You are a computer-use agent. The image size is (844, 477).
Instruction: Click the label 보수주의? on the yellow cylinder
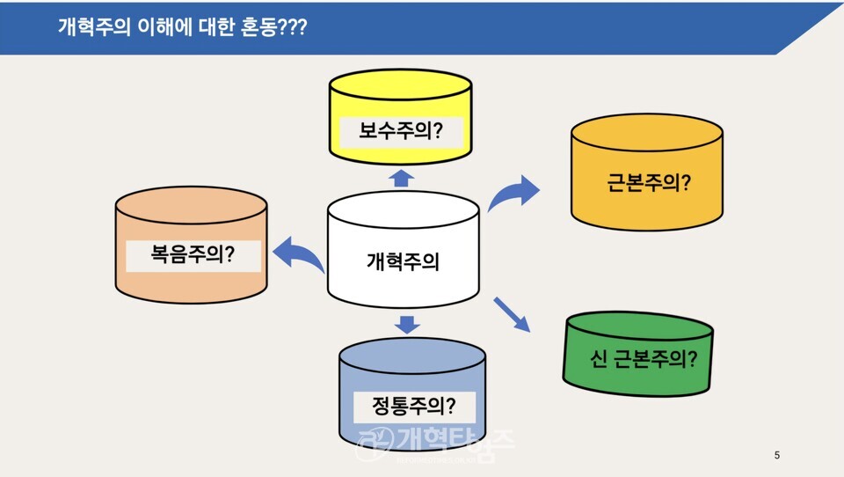[x=400, y=132]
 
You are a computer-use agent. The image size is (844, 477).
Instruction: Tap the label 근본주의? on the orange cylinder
[x=648, y=186]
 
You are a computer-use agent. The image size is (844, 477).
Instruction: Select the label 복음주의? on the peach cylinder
[x=193, y=256]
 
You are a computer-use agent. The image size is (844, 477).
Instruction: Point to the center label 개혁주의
[x=403, y=261]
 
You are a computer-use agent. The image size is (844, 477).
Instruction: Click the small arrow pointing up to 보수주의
[x=401, y=179]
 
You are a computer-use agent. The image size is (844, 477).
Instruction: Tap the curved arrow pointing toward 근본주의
[x=515, y=193]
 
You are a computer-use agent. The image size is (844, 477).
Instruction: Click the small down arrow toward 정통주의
[x=405, y=323]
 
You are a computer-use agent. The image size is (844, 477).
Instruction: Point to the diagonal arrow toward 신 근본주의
[x=513, y=314]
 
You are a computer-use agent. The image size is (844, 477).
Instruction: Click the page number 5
[x=776, y=455]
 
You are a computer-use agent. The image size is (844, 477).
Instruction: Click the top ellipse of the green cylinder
[x=638, y=328]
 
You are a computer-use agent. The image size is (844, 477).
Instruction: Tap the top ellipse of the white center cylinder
[x=403, y=209]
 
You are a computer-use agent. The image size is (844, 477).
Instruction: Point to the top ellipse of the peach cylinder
[x=191, y=210]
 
